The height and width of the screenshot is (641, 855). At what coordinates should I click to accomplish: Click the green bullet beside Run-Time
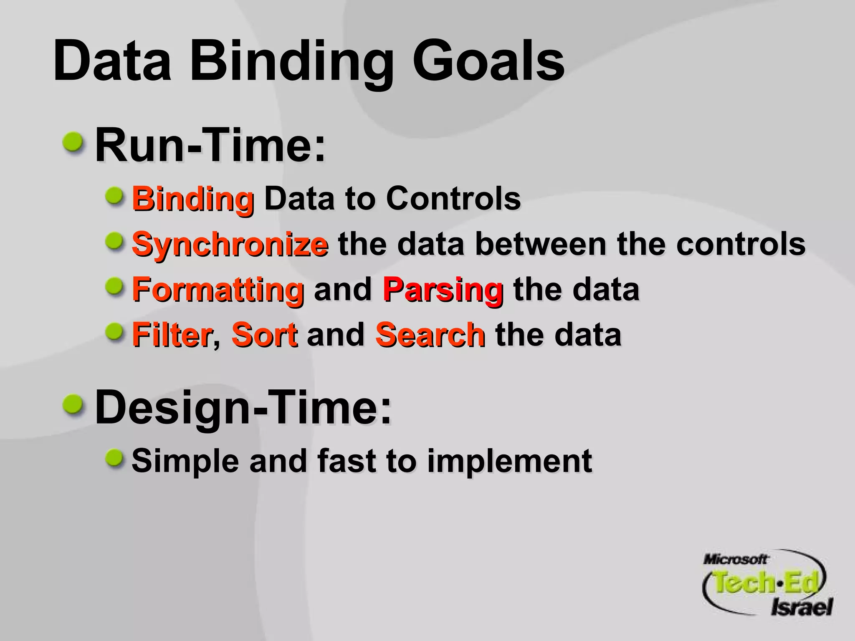(74, 143)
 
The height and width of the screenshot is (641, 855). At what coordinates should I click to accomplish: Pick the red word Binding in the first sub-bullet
(193, 199)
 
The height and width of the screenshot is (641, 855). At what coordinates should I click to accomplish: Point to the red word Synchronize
(230, 245)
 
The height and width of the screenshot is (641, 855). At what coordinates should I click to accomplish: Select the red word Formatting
(218, 289)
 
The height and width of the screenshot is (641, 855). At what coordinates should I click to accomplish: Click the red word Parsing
(443, 289)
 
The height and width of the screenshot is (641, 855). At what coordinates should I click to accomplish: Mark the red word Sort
(265, 334)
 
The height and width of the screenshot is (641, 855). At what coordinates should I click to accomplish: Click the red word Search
(430, 334)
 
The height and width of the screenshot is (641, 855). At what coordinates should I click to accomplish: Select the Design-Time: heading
(243, 406)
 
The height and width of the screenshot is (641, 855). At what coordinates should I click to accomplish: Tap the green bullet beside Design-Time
(74, 404)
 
